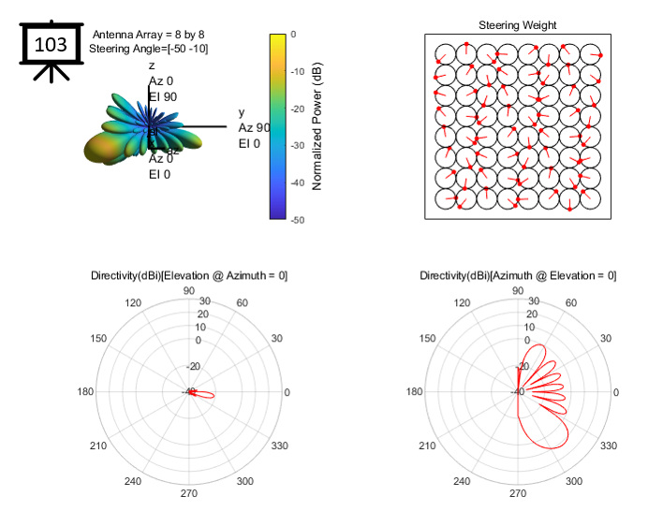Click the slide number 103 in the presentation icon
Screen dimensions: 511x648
pyautogui.click(x=51, y=44)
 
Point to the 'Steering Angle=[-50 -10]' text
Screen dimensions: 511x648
pyautogui.click(x=149, y=48)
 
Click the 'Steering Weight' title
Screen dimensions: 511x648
pyautogui.click(x=518, y=25)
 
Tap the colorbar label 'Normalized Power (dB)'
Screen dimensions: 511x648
pyautogui.click(x=317, y=127)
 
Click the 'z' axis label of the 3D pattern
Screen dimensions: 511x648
pyautogui.click(x=152, y=66)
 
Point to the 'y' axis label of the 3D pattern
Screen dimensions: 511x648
pyautogui.click(x=242, y=112)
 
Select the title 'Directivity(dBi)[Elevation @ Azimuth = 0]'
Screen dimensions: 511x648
pyautogui.click(x=189, y=275)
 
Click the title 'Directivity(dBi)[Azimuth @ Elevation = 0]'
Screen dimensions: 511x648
pyautogui.click(x=518, y=275)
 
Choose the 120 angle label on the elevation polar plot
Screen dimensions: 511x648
pyautogui.click(x=133, y=303)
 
